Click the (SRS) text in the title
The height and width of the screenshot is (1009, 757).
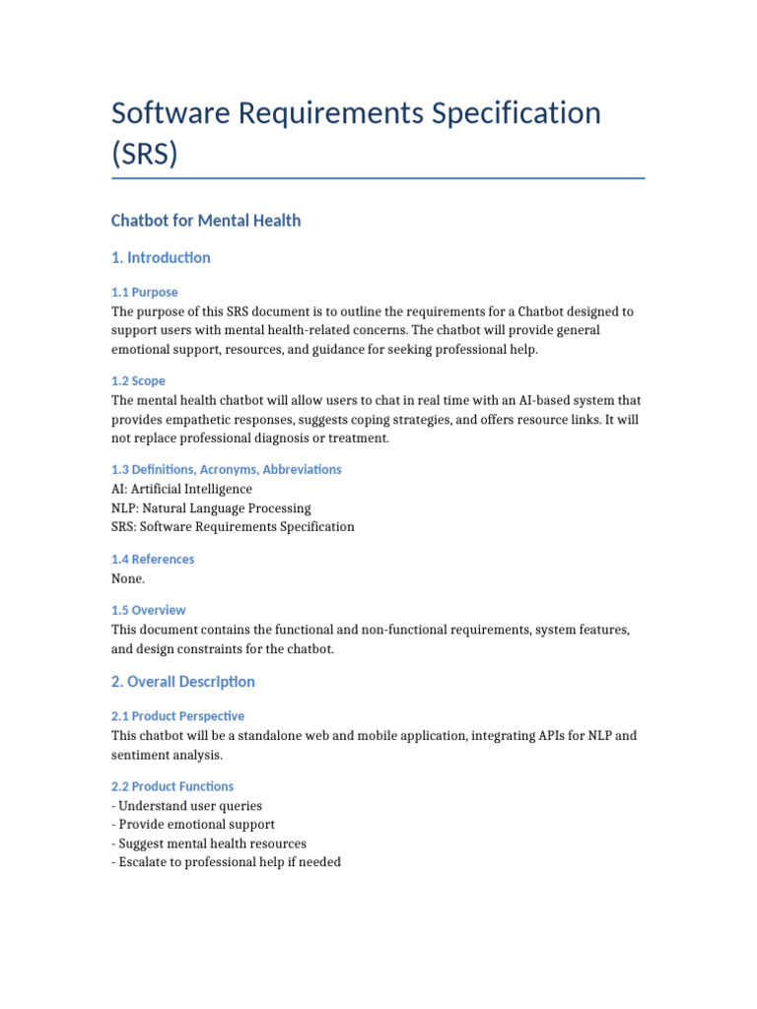click(x=145, y=154)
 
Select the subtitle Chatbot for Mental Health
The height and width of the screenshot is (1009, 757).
click(x=206, y=221)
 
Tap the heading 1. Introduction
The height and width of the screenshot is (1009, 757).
click(x=161, y=258)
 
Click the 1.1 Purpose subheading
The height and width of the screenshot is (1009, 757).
click(x=145, y=293)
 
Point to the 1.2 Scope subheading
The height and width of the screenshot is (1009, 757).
click(x=138, y=381)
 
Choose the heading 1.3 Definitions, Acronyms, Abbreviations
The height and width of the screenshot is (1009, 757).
click(x=227, y=470)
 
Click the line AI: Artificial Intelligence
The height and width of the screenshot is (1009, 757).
click(x=181, y=489)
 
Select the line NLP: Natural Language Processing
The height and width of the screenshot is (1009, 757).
click(x=211, y=508)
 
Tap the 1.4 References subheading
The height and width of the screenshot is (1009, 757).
click(x=153, y=560)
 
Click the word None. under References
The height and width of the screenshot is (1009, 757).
click(x=128, y=578)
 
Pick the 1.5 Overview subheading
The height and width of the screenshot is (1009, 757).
click(x=149, y=610)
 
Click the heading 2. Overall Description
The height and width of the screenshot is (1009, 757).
click(x=183, y=682)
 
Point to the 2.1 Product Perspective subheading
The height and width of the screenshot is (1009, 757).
click(x=178, y=716)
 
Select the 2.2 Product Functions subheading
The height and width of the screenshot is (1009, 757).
click(x=172, y=786)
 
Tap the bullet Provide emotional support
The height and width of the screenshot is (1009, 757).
click(x=195, y=825)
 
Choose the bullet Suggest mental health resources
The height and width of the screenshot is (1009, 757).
click(x=211, y=843)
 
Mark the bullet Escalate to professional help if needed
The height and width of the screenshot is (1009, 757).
click(x=228, y=862)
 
